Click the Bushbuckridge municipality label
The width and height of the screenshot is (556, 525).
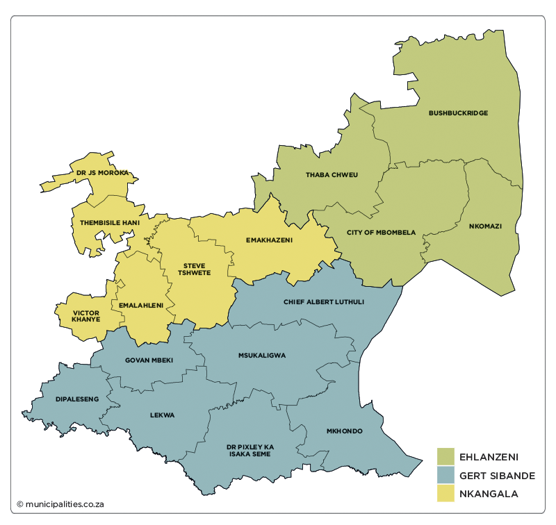pos(458,112)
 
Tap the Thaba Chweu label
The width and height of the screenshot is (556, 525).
pos(332,174)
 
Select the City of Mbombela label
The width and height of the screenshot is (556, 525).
pos(381,232)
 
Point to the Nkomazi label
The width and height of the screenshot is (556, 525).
pos(485,226)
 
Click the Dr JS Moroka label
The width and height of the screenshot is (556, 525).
pos(103,172)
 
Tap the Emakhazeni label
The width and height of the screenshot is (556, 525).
pos(270,240)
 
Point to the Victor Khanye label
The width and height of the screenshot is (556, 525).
pos(86,316)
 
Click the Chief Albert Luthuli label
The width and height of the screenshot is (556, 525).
pos(324,302)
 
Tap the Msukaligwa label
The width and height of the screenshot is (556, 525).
pos(262,355)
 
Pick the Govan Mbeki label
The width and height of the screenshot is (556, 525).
pos(149,360)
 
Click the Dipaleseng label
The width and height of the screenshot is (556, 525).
pos(77,399)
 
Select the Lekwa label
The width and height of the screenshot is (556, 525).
pos(162,415)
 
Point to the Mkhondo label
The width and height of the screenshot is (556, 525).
pos(344,431)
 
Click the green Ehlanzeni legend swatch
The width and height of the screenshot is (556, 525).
pos(445,456)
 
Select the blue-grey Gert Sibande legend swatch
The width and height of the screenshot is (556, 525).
pos(445,476)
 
